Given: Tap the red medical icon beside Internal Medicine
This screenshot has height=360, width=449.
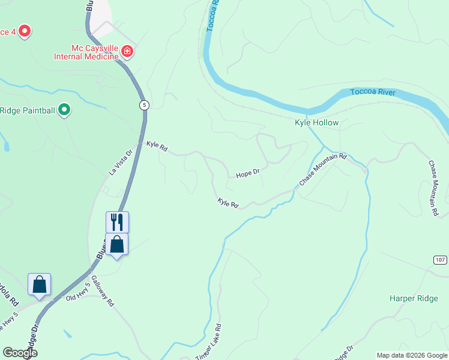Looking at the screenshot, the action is click(127, 52).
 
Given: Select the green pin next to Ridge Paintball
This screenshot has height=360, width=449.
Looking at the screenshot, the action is click(65, 110).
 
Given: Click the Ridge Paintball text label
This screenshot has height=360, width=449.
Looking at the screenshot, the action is click(28, 110).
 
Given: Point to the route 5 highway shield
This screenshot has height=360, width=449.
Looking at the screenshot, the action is click(144, 105).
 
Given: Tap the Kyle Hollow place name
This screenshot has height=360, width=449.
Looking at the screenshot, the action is click(316, 123).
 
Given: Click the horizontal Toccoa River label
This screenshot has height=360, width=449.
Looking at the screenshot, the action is click(373, 92).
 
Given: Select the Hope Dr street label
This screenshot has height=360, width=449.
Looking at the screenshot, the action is click(247, 174).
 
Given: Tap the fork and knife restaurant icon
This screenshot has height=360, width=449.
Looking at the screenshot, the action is click(117, 222).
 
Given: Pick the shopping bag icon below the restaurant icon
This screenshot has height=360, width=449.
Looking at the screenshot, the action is click(117, 244).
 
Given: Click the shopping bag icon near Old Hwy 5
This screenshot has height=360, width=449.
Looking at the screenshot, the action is click(39, 284).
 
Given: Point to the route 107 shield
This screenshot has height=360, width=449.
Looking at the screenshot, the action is click(441, 259).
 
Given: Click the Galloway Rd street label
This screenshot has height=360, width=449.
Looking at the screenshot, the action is click(103, 295).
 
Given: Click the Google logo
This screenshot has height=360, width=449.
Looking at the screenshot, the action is click(20, 353).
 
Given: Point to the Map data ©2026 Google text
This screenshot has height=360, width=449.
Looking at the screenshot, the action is click(412, 355).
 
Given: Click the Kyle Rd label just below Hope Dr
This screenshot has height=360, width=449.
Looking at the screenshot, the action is click(228, 204).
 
